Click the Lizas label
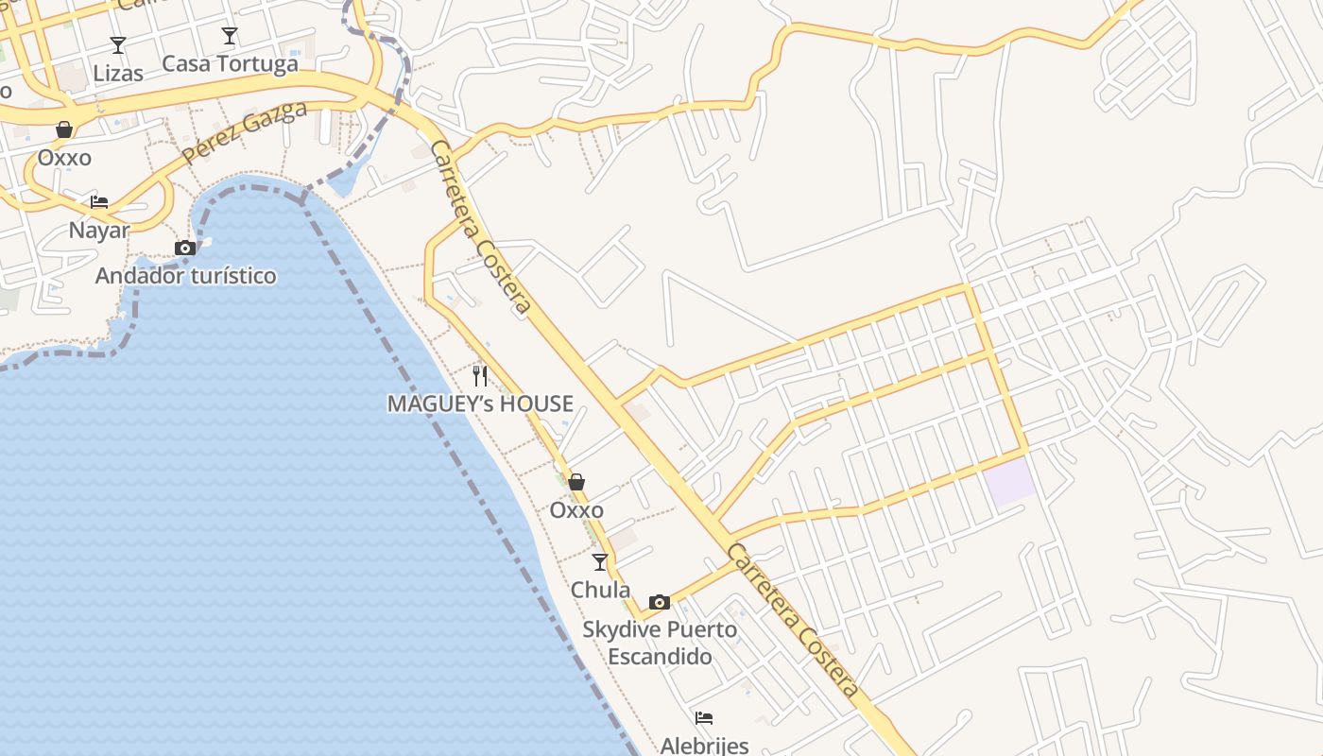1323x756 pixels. tap(118, 73)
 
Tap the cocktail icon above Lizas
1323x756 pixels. tap(118, 44)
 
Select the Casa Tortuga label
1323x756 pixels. tap(230, 63)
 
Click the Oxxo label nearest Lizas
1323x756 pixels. tap(64, 157)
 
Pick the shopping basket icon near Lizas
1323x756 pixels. tap(64, 129)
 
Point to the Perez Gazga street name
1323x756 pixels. tap(245, 131)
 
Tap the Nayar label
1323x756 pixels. tap(99, 230)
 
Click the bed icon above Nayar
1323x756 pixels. tap(99, 201)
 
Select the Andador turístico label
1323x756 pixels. tap(186, 276)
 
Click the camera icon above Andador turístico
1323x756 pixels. tap(185, 248)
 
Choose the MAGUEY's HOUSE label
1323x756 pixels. tap(480, 404)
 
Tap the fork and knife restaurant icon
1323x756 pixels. tap(480, 376)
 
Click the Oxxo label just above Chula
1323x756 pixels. tap(576, 510)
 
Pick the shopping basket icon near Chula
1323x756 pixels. tap(576, 482)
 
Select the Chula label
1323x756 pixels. tap(600, 590)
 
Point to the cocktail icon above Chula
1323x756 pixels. tap(600, 562)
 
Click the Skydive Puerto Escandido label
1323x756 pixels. tap(660, 643)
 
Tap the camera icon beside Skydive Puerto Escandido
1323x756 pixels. tap(660, 602)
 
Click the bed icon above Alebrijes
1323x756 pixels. tap(704, 718)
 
